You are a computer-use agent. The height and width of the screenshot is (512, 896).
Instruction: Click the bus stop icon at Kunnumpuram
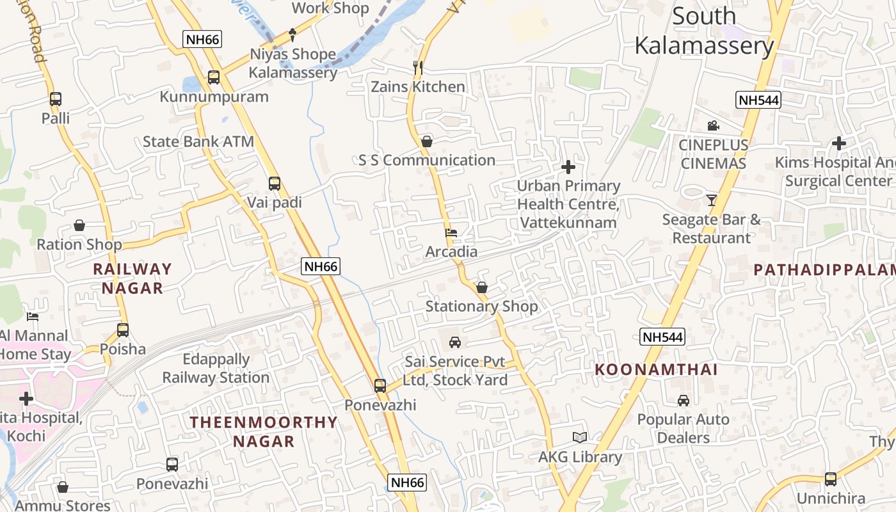click(214, 77)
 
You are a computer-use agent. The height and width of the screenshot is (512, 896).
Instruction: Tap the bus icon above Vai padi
click(275, 184)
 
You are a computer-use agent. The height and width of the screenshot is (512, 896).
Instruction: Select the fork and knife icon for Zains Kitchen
click(418, 67)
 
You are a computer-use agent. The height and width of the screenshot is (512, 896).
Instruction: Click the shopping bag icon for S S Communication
click(427, 141)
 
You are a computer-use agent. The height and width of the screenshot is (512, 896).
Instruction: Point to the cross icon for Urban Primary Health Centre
click(568, 168)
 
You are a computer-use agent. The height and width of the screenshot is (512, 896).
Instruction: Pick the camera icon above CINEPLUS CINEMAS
click(713, 126)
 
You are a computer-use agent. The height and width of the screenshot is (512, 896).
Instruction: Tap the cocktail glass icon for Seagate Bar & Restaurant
click(711, 200)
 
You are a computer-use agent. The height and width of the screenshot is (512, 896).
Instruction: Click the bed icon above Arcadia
click(451, 233)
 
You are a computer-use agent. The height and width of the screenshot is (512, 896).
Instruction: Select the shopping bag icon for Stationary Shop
click(482, 287)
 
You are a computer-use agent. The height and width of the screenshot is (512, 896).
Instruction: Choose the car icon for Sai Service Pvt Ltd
click(455, 342)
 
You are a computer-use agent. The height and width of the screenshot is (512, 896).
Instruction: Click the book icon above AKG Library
click(580, 438)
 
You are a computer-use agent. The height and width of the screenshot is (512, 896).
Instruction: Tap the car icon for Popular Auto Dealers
click(684, 401)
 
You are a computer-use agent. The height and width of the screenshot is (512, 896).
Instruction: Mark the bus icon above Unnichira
click(831, 479)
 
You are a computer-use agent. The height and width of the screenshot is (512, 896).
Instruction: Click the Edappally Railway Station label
click(216, 368)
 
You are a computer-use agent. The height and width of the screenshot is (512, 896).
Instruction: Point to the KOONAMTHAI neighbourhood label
click(657, 370)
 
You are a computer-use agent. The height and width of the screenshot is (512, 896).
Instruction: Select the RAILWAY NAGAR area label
click(132, 278)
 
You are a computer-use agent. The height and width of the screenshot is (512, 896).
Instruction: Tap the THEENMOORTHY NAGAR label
click(264, 431)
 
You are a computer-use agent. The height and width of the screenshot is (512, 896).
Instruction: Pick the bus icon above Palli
click(56, 99)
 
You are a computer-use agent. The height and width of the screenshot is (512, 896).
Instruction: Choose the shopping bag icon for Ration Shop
click(79, 225)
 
